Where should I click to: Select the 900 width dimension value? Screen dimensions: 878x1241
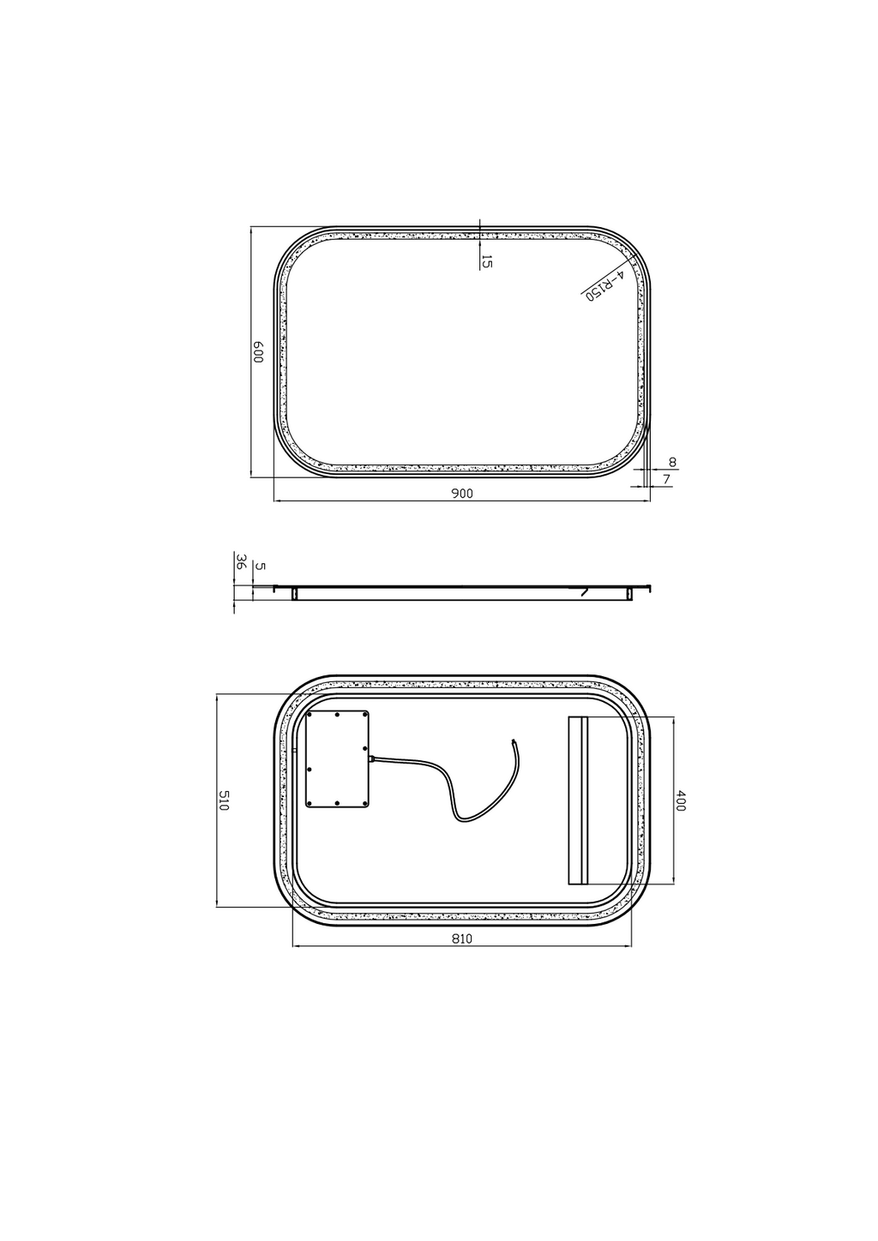click(x=462, y=494)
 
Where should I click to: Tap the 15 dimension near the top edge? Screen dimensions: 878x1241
click(x=487, y=261)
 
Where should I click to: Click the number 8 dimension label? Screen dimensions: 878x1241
click(x=673, y=462)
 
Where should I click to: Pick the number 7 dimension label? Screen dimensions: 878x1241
click(x=667, y=479)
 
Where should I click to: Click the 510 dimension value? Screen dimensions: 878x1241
click(x=224, y=801)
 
